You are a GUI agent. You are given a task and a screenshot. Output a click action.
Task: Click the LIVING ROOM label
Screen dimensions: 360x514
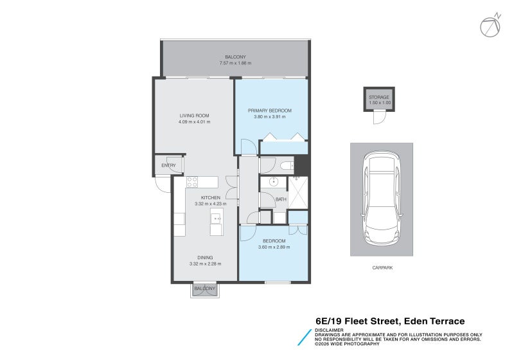coord(194,116)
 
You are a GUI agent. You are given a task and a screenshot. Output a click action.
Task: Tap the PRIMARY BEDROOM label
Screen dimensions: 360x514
coord(270,111)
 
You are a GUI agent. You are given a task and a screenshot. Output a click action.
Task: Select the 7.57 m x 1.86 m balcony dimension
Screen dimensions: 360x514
coord(235,63)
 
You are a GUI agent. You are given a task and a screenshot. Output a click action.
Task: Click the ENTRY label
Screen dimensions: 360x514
coord(168,166)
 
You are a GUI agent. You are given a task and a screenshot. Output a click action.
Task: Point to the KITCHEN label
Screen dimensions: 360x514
coord(211,197)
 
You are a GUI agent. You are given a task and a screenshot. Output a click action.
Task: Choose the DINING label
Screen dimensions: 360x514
coord(206,256)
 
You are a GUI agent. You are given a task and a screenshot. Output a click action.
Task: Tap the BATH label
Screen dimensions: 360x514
coord(281,199)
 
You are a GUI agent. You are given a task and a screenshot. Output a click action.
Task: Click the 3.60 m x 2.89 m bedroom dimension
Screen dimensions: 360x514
coord(274,247)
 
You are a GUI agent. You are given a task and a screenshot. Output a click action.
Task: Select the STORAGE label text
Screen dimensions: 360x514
coord(379,97)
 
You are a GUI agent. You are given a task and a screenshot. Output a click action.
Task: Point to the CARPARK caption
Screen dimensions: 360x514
coord(382,267)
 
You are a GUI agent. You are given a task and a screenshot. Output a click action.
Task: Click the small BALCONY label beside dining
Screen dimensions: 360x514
coord(205,289)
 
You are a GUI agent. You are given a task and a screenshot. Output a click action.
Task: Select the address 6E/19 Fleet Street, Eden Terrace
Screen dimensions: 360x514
coord(390,321)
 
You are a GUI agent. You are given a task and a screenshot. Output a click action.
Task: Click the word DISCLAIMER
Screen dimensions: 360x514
coord(330,330)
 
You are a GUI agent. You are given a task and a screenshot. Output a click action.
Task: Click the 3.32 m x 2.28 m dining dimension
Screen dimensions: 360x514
coord(206,263)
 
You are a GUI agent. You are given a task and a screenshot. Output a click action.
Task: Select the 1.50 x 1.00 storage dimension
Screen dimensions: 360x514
coord(379,103)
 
